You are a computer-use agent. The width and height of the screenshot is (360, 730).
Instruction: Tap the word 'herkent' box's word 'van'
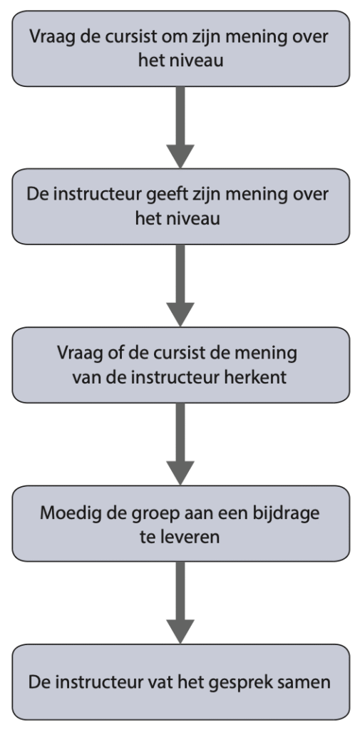click(84, 378)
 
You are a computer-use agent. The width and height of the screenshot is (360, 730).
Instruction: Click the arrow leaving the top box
click(180, 127)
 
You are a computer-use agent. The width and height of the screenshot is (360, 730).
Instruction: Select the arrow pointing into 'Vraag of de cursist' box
click(180, 286)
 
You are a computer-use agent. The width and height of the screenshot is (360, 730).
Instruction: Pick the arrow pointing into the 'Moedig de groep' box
click(180, 444)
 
